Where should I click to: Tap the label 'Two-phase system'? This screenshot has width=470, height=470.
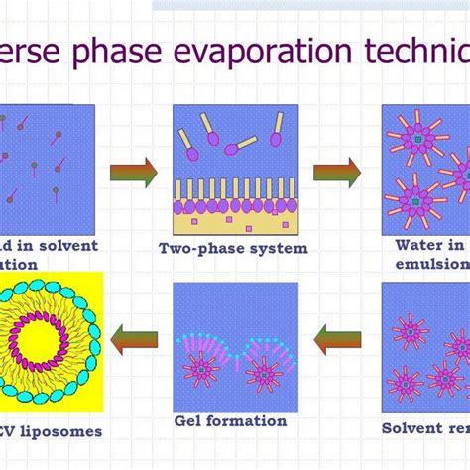tap(233, 249)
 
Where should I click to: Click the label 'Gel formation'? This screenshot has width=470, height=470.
tap(230, 420)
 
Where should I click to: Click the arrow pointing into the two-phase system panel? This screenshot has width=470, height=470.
tap(134, 173)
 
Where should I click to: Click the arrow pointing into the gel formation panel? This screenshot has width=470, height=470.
tap(337, 343)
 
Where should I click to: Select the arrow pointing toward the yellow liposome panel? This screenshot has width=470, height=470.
tap(133, 343)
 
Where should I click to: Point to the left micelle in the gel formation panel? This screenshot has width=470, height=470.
tap(201, 370)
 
